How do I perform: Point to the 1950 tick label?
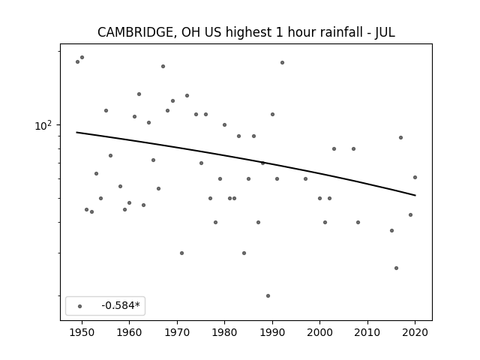(x=82, y=332)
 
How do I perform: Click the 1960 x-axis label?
(x=129, y=332)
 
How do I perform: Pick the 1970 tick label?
(x=177, y=332)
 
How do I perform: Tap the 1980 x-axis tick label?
(x=224, y=332)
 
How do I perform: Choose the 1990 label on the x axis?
(x=272, y=332)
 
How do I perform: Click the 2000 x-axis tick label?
(x=319, y=332)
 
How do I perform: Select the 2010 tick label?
(x=367, y=332)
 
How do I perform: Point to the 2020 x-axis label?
(x=415, y=332)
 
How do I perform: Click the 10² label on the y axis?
(x=43, y=125)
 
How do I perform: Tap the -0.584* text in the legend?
(x=121, y=305)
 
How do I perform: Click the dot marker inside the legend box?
(x=80, y=306)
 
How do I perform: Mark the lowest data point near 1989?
(x=268, y=295)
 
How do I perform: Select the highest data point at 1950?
(x=82, y=57)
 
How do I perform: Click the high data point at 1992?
(x=282, y=62)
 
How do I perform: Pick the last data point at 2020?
(x=415, y=177)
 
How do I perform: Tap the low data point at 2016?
(x=397, y=268)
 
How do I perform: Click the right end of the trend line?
(x=415, y=195)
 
